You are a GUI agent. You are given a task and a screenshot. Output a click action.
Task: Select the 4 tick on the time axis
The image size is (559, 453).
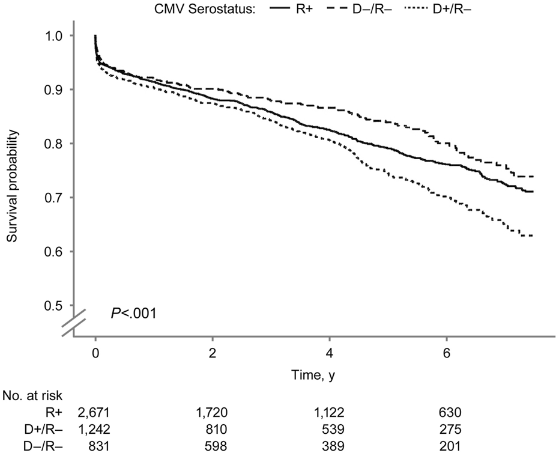pos(330,351)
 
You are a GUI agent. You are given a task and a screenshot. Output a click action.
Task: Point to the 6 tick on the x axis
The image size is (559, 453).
pos(446,351)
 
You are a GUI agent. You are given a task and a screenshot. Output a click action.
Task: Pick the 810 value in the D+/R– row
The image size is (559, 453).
pos(213,429)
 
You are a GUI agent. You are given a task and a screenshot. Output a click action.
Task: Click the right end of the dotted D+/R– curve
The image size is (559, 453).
pos(533,236)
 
